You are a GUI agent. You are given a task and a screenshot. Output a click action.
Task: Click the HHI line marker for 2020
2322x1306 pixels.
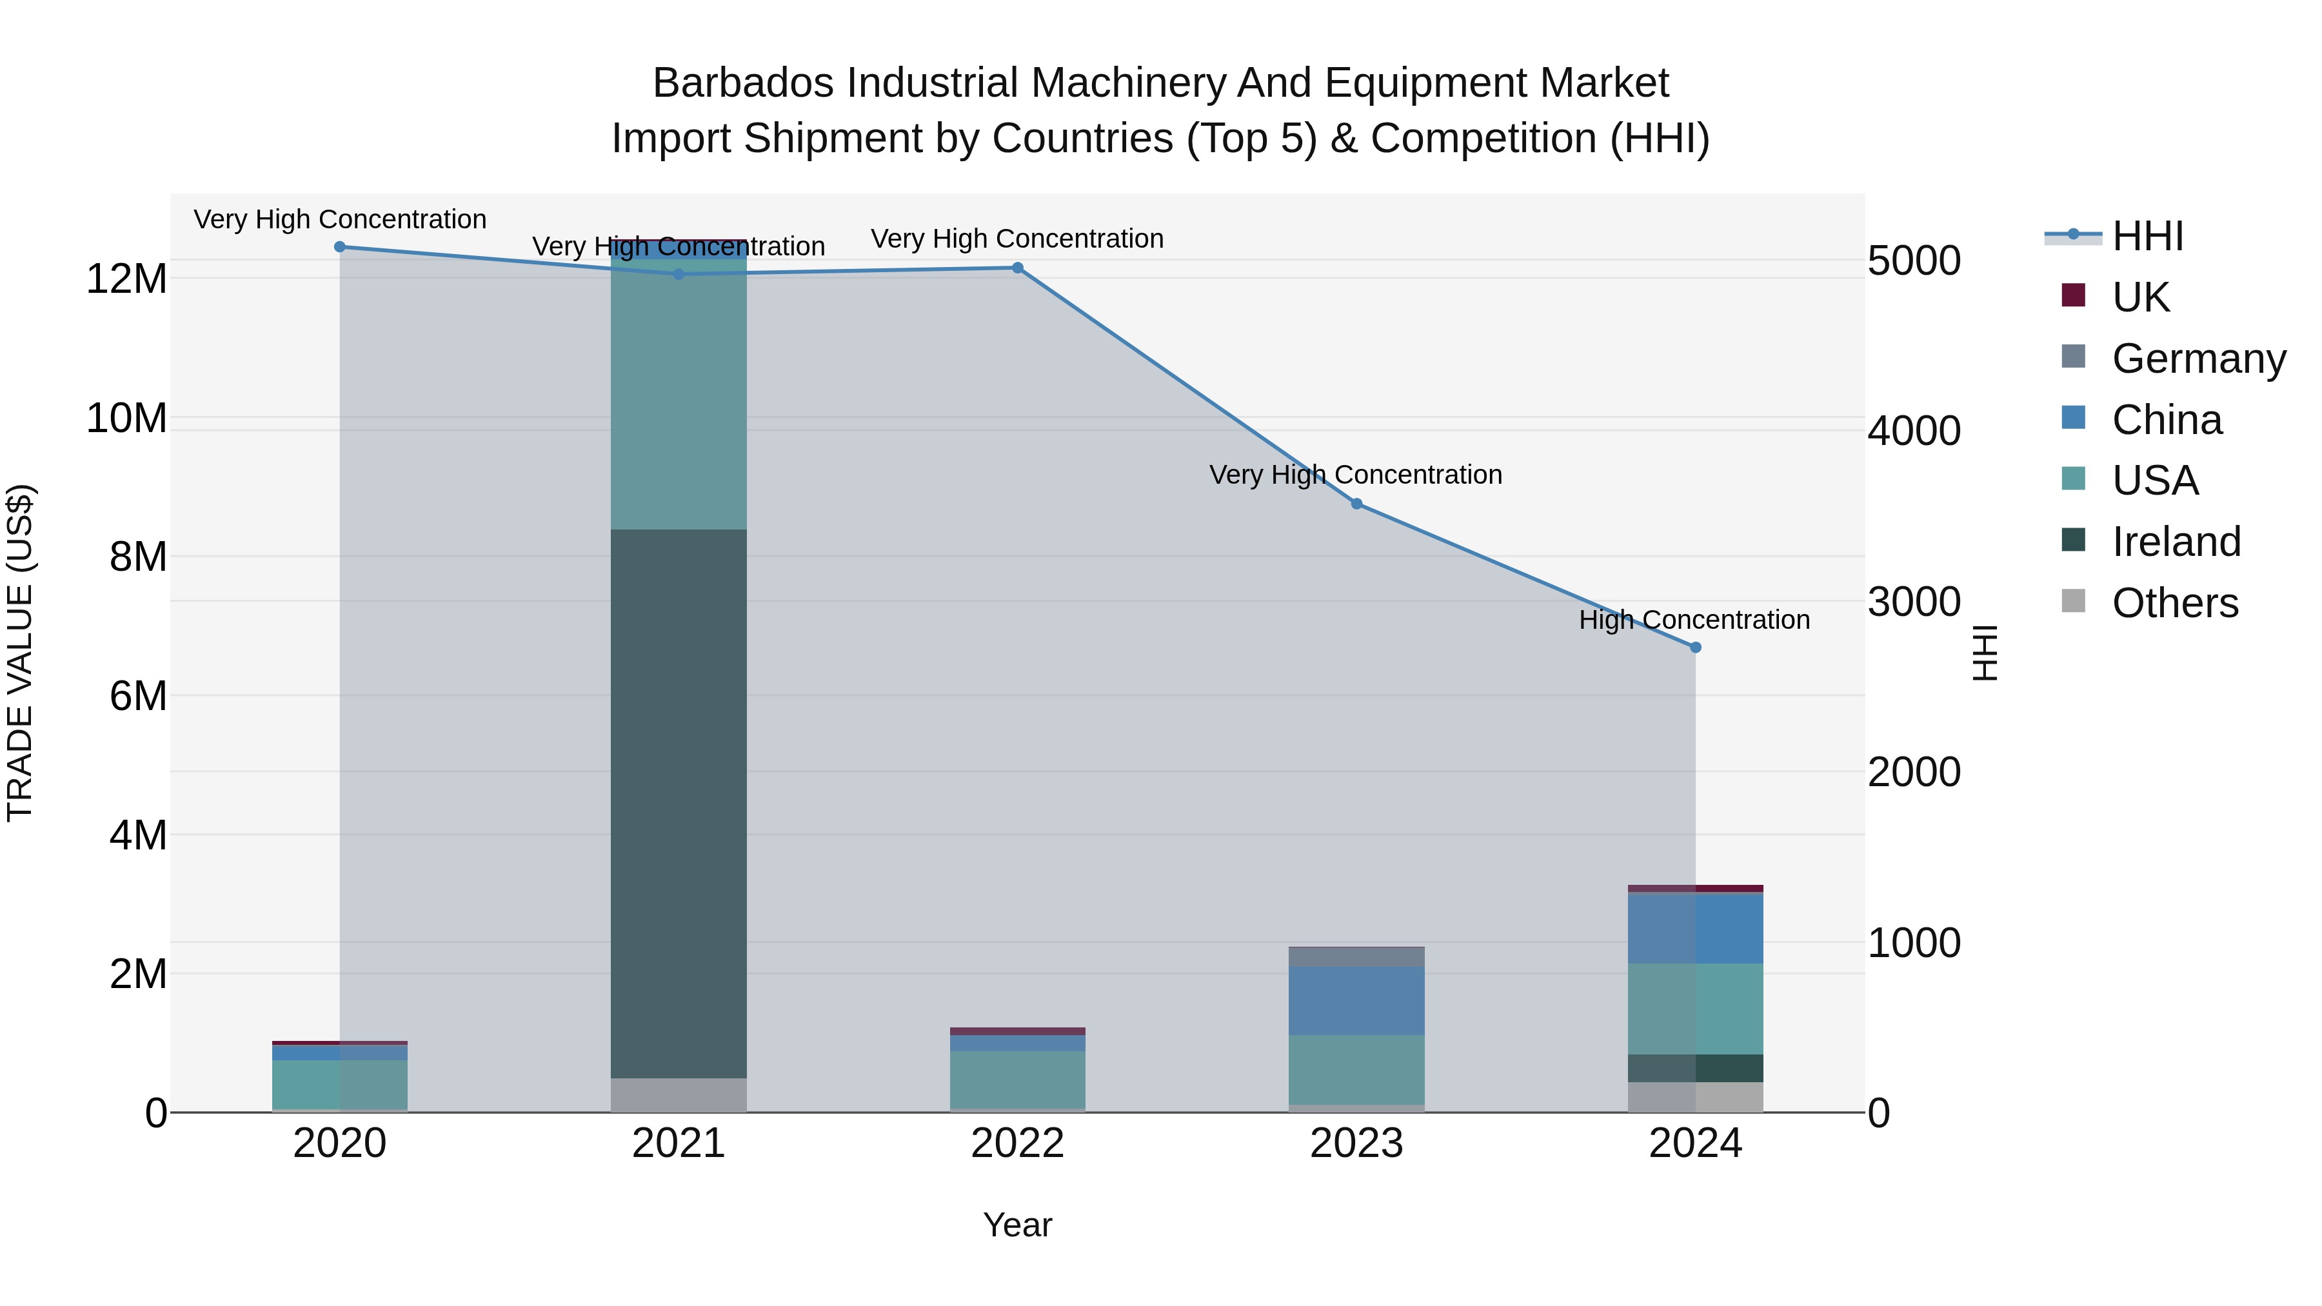(x=340, y=247)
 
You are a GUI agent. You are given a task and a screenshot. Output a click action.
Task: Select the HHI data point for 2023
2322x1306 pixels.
(x=1356, y=504)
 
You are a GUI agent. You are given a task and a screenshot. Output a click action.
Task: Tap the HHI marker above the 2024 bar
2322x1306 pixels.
(x=1696, y=647)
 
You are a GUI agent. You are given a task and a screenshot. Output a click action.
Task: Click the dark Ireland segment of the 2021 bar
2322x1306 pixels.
(x=679, y=802)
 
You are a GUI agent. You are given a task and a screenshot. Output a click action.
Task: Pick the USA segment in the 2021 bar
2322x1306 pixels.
(x=679, y=397)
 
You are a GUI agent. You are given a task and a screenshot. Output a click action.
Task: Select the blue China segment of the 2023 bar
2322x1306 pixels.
(x=1356, y=1000)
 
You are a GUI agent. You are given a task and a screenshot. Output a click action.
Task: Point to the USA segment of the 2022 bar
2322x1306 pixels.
(x=1018, y=1079)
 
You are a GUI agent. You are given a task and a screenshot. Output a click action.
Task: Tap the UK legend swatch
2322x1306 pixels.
(x=2073, y=295)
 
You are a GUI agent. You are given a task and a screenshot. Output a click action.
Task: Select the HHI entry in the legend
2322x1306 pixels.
(x=2147, y=236)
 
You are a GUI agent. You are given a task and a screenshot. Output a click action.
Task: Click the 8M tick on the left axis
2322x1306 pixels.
(x=138, y=557)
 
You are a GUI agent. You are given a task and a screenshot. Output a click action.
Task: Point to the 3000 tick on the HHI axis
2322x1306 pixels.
(x=1914, y=602)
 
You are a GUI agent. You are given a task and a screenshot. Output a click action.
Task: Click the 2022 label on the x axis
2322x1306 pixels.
(x=1018, y=1143)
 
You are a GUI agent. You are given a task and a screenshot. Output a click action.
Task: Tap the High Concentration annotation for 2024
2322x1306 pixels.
(x=1694, y=620)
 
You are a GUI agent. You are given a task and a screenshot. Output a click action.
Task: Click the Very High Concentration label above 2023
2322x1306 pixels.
(x=1356, y=474)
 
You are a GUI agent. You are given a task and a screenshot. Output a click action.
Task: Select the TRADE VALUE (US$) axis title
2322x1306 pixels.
(x=20, y=653)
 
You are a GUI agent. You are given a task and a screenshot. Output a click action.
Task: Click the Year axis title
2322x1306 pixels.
(x=1018, y=1225)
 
